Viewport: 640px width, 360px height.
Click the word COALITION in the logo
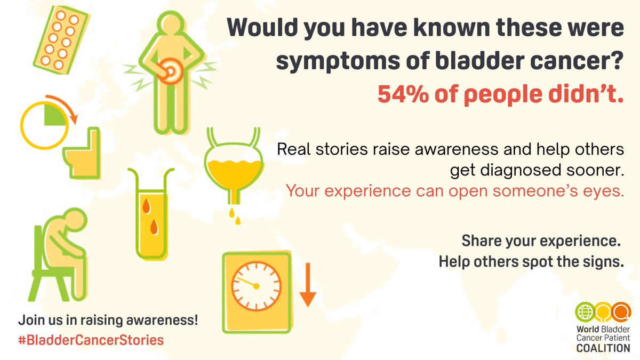click(603, 348)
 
